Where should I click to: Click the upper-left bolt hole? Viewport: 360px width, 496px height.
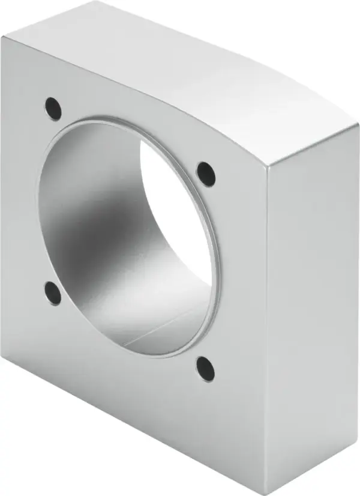point(53,108)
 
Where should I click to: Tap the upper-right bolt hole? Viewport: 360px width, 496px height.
point(206,172)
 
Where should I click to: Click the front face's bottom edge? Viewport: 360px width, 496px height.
point(132,420)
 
